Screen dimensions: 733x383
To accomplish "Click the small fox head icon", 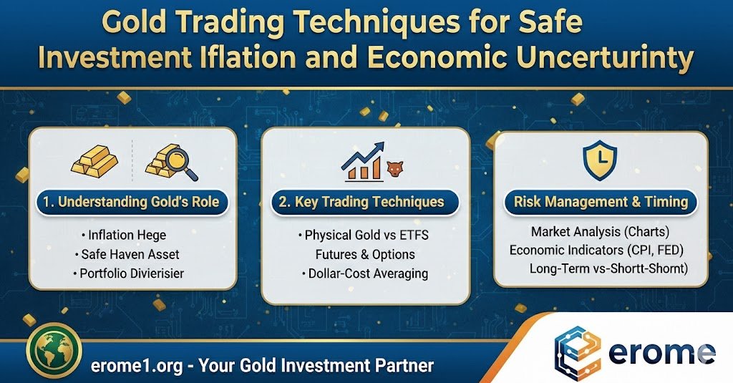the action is click(x=395, y=169).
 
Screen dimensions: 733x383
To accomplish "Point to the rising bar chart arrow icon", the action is click(x=363, y=162).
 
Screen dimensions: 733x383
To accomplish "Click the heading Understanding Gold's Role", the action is click(x=132, y=202).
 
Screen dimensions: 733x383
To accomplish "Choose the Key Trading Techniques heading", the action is click(x=361, y=202).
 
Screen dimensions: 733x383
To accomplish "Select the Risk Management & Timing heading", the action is click(x=601, y=202).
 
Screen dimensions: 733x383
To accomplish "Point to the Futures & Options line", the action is click(x=365, y=254).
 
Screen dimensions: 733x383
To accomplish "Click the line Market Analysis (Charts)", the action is click(x=601, y=231).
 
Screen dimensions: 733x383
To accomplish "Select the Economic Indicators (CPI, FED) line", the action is click(x=596, y=250).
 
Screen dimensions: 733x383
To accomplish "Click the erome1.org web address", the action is click(x=137, y=366).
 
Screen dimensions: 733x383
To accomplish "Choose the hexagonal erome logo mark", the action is click(x=578, y=354).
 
